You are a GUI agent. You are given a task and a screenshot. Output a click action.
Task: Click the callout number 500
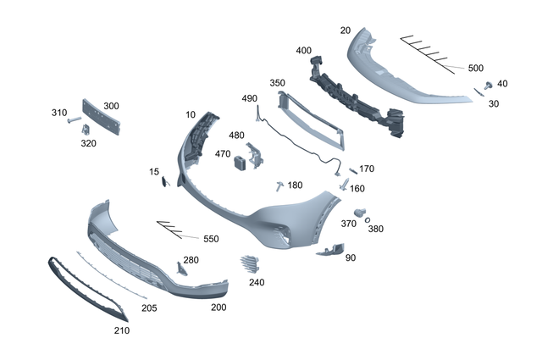coord(475,68)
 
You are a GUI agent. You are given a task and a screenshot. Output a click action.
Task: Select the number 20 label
coord(345,30)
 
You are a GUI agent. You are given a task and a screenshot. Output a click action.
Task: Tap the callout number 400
coord(303,51)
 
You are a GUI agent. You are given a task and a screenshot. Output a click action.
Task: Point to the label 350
coord(277,83)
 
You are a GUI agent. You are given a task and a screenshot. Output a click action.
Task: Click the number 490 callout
coord(249,99)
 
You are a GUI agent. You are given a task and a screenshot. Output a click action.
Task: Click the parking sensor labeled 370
coord(358,211)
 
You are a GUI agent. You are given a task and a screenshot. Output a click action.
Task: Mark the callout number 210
coord(121,330)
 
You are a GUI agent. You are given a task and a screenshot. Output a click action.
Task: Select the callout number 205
coord(149,307)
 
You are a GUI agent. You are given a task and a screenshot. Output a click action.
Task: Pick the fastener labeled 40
coord(489,86)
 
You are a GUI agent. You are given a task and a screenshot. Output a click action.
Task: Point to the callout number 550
coord(210,239)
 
